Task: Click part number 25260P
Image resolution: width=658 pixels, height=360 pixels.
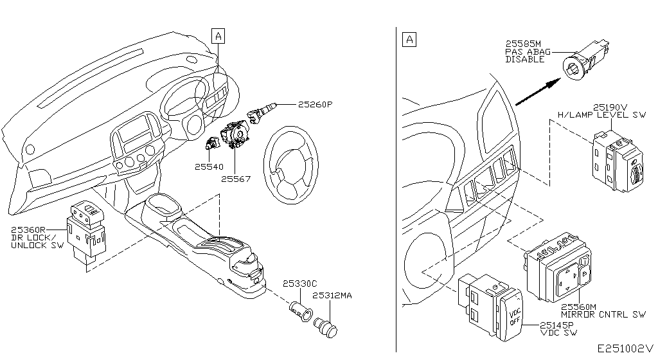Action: (315, 104)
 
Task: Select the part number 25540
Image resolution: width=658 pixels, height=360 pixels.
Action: (209, 166)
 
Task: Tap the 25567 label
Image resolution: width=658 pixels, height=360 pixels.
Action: (236, 179)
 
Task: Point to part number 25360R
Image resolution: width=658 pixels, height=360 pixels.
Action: (28, 230)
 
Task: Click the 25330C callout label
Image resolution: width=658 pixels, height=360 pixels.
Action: (299, 283)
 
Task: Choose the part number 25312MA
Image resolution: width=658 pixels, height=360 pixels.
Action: (332, 295)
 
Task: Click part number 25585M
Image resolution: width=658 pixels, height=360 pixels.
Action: (523, 44)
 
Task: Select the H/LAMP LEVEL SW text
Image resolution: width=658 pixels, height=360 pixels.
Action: (601, 114)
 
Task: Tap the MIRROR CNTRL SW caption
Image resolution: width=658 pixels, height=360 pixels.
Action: (603, 314)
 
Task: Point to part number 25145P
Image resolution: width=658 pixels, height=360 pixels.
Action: (556, 325)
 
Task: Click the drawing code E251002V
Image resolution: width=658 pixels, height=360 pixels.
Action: (626, 348)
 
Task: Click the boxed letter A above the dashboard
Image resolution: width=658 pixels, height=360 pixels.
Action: (218, 36)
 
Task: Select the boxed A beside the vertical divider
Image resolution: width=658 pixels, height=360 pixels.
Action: (409, 40)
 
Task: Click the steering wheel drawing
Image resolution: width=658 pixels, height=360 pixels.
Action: (291, 161)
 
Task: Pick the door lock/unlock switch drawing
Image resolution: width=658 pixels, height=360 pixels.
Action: (87, 231)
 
